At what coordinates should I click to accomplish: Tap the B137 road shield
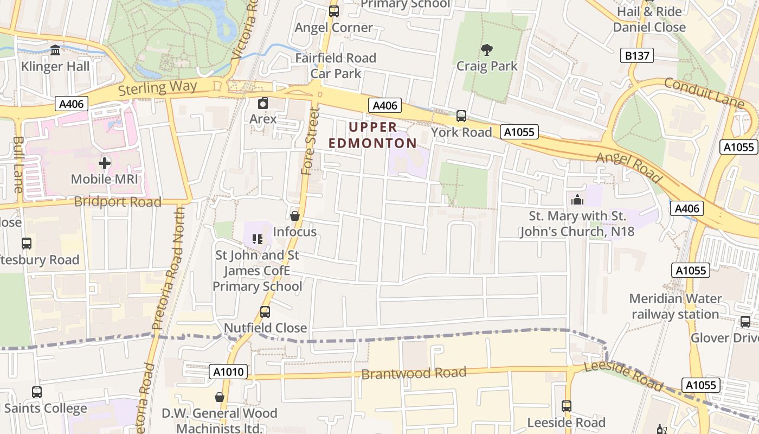point(637,55)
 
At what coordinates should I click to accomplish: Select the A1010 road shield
point(229,372)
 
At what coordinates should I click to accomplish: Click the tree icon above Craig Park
point(486,50)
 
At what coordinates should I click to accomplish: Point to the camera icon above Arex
point(263,103)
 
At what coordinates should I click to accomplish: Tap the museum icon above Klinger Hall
point(55,50)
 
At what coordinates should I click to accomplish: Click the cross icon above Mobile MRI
point(104,163)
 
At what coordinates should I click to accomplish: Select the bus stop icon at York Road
point(461,116)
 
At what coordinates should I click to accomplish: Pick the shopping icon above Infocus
point(295,216)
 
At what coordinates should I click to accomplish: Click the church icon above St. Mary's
point(577,200)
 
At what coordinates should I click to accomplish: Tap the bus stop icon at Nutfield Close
point(265,312)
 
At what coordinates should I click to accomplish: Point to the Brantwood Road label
point(414,373)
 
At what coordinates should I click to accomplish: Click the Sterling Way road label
point(158,87)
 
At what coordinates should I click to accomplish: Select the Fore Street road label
point(310,141)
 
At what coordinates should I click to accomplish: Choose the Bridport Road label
point(118,202)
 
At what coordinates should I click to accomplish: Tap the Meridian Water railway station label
point(675,307)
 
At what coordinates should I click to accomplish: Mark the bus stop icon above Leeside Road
point(567,406)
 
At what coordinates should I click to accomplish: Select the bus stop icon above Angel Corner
point(334,11)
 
